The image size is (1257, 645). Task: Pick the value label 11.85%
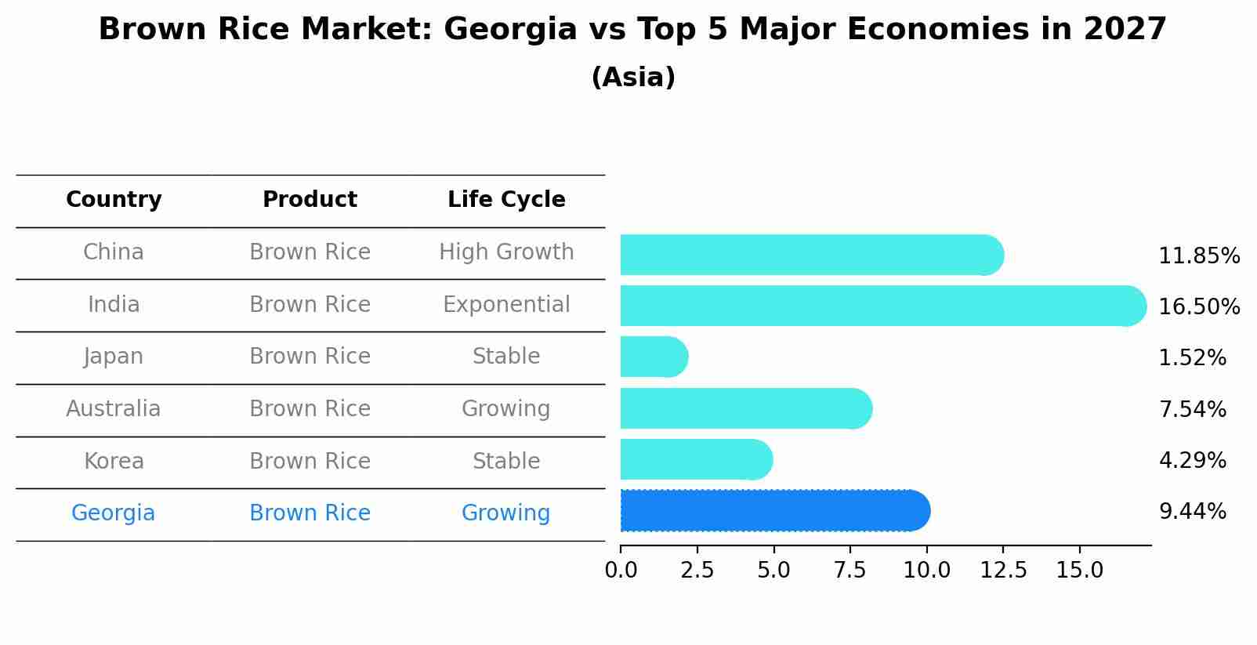pyautogui.click(x=1199, y=256)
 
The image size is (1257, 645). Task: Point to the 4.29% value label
pyautogui.click(x=1192, y=460)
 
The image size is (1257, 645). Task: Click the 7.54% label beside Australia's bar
pyautogui.click(x=1192, y=409)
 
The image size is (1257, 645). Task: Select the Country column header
pyautogui.click(x=114, y=200)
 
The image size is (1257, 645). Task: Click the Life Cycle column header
pyautogui.click(x=506, y=200)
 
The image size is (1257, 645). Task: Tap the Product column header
pyautogui.click(x=310, y=200)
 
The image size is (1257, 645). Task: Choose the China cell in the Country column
pyautogui.click(x=114, y=252)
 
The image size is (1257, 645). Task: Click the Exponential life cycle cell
pyautogui.click(x=506, y=304)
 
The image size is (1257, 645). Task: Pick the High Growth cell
pyautogui.click(x=506, y=252)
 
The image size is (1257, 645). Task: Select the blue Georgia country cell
pyautogui.click(x=114, y=513)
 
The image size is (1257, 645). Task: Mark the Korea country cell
pyautogui.click(x=114, y=461)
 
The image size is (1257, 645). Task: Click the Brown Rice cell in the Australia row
pyautogui.click(x=310, y=409)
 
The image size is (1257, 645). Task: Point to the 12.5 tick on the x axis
pyautogui.click(x=1003, y=570)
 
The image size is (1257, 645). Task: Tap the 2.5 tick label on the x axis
pyautogui.click(x=697, y=570)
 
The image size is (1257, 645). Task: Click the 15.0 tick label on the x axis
pyautogui.click(x=1079, y=570)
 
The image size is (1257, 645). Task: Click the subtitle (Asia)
pyautogui.click(x=633, y=78)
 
